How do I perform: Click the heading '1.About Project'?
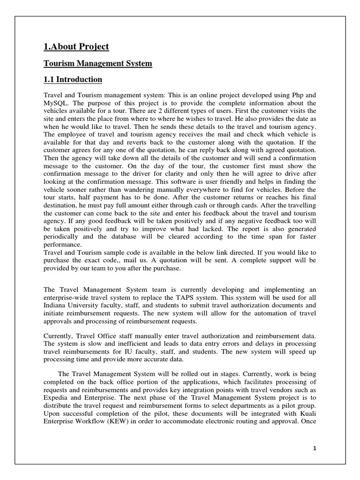pos(76,46)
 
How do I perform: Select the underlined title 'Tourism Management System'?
pos(97,63)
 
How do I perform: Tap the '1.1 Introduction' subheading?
pos(72,79)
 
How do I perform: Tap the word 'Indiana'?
pos(56,305)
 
